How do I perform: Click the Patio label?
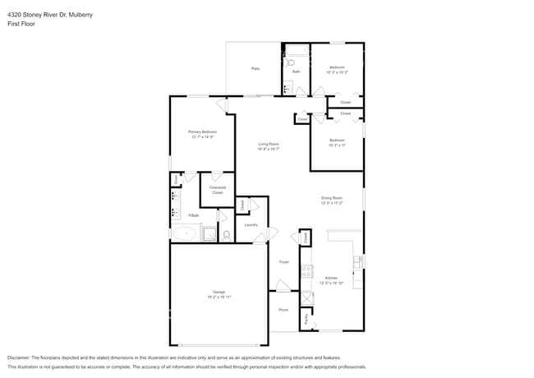click(x=255, y=68)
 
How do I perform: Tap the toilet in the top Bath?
click(x=291, y=62)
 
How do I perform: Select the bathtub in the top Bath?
click(x=296, y=50)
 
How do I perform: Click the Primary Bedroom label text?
click(x=202, y=131)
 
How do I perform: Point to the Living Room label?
click(x=269, y=144)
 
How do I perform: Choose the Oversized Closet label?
click(x=218, y=189)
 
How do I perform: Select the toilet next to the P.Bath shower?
click(x=227, y=235)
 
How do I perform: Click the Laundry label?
click(x=251, y=224)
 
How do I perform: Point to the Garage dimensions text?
click(x=219, y=296)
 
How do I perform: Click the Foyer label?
click(x=284, y=262)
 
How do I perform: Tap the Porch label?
click(x=283, y=310)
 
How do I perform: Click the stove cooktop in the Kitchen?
click(x=306, y=272)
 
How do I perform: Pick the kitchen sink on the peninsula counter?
click(x=357, y=262)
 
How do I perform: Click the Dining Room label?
click(x=331, y=198)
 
